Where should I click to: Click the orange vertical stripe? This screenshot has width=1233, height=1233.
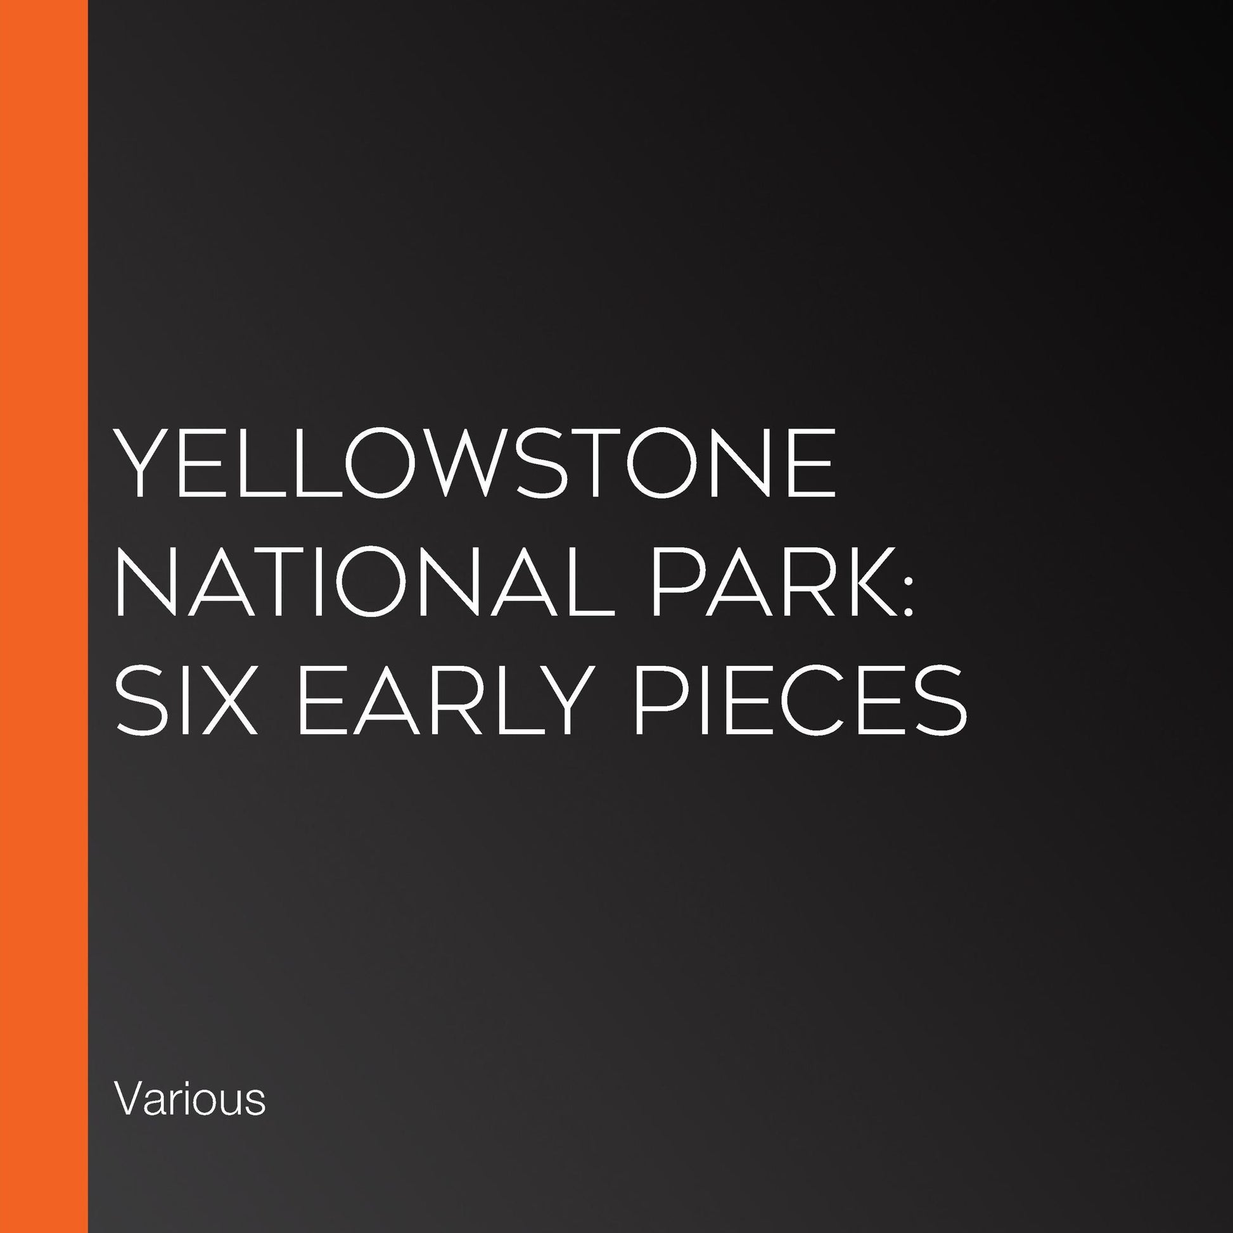tap(43, 616)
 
